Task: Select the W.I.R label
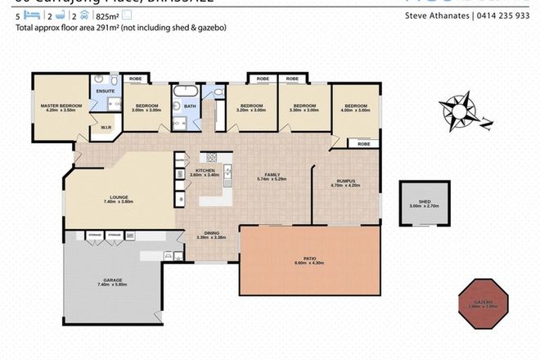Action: click(x=106, y=128)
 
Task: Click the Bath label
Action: click(x=189, y=106)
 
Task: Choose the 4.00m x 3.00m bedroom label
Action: click(x=357, y=107)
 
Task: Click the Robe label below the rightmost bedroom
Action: click(x=363, y=144)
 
